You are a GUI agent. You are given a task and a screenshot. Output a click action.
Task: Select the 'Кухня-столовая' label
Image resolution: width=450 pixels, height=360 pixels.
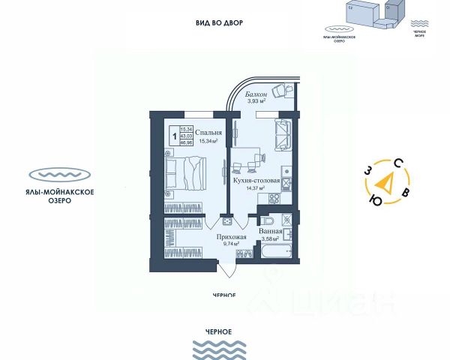(256, 181)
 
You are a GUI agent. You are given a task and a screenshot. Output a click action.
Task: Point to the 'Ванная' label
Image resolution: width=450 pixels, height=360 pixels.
(270, 231)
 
